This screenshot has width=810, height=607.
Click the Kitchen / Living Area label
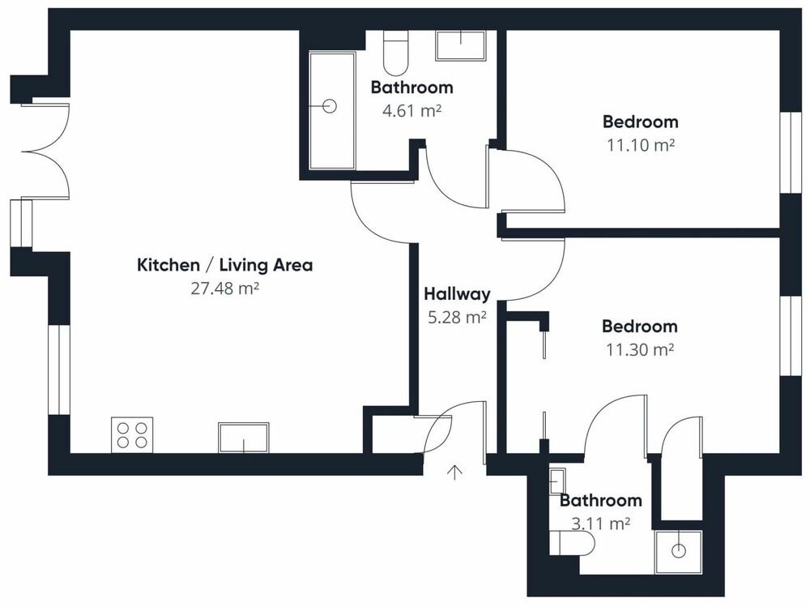click(224, 265)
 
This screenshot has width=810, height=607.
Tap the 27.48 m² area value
click(224, 288)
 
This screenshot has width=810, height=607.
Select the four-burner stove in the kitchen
click(132, 434)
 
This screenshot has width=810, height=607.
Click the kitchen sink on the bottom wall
click(243, 438)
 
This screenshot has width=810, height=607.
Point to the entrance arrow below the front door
click(455, 472)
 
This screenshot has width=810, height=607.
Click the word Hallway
click(457, 294)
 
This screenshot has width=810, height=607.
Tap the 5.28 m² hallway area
click(457, 317)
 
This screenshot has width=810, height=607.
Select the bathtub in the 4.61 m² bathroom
click(331, 109)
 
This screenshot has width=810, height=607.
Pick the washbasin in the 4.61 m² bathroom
click(461, 45)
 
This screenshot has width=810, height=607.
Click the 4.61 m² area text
click(411, 110)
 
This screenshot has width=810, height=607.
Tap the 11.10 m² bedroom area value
click(640, 145)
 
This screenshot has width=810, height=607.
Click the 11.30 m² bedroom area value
click(640, 350)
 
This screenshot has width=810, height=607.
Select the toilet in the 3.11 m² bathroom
click(567, 542)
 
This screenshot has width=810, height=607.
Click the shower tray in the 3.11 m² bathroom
click(677, 550)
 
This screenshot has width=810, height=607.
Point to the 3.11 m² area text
click(600, 524)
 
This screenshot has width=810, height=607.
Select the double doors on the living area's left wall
click(45, 150)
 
